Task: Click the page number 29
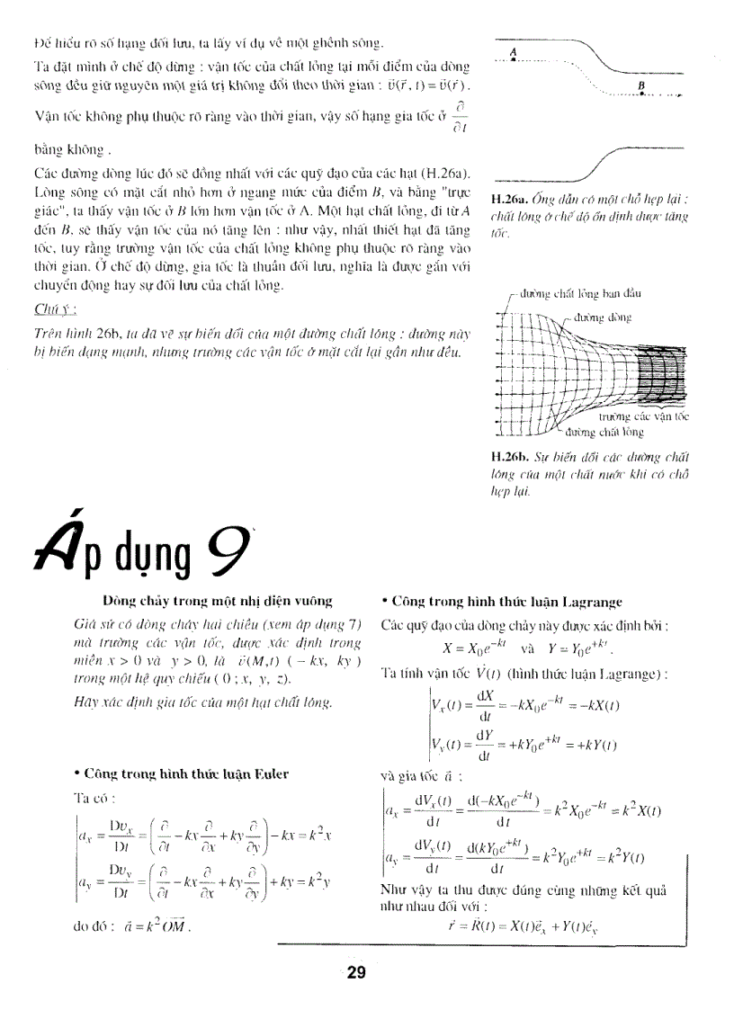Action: point(356,972)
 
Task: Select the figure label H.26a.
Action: point(508,200)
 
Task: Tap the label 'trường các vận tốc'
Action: point(644,417)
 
